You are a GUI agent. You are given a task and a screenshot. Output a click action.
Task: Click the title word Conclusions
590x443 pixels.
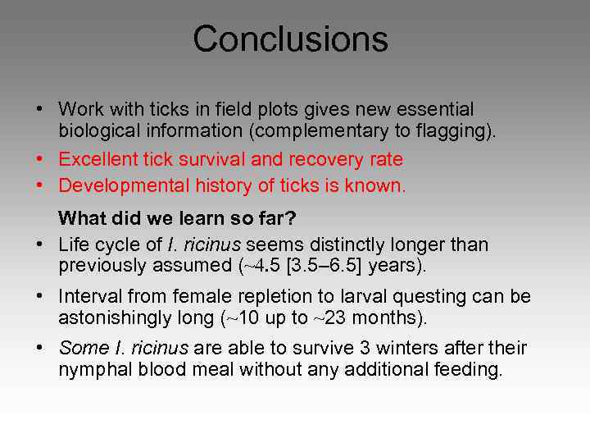[290, 39]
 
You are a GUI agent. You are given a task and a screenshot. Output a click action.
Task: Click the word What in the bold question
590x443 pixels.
[83, 219]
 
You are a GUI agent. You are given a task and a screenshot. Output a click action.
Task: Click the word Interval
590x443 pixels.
[91, 297]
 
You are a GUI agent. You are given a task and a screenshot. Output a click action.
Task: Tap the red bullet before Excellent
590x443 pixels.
[39, 159]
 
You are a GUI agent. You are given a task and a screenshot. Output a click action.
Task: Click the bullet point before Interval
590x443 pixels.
[39, 297]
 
